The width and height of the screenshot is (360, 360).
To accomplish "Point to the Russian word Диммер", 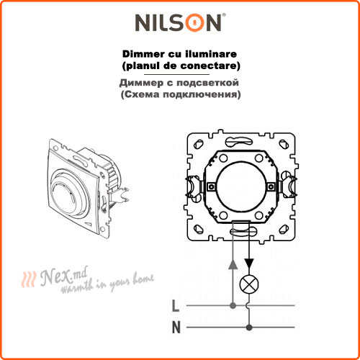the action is (x=141, y=83).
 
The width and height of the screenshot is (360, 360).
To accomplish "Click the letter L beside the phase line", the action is (x=176, y=306).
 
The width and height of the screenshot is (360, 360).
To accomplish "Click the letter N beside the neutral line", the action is (x=176, y=328).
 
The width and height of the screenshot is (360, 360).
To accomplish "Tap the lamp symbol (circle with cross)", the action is (x=249, y=284).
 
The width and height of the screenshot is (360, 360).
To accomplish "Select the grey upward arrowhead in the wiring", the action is (x=233, y=264).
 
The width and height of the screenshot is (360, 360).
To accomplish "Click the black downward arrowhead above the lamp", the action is (x=249, y=264).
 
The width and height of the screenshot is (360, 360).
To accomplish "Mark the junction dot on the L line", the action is (x=233, y=305).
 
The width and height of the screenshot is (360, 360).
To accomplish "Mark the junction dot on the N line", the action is (x=249, y=327).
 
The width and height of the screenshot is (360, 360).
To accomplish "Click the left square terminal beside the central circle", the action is (x=211, y=186).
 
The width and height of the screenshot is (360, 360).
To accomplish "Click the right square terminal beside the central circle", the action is (x=271, y=186).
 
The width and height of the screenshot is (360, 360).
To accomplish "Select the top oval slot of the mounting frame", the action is (x=239, y=141).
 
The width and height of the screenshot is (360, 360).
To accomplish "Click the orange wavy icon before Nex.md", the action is (x=29, y=279).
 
